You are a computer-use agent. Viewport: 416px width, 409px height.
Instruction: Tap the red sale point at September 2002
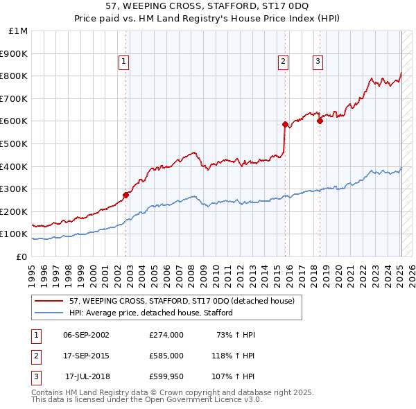point(125,195)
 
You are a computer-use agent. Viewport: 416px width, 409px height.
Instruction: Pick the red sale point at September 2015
point(285,124)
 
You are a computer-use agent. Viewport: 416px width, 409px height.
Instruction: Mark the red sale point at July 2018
point(320,121)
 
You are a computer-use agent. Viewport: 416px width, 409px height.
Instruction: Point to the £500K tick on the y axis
point(15,143)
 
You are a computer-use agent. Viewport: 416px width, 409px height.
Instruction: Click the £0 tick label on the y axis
point(21,256)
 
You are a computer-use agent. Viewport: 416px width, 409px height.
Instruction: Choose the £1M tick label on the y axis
point(19,31)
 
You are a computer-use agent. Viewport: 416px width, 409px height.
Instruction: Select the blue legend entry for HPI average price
point(150,313)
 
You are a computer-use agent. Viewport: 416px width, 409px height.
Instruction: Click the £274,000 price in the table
point(166,335)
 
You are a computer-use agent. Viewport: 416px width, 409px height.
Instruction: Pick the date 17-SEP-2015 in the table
point(86,357)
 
